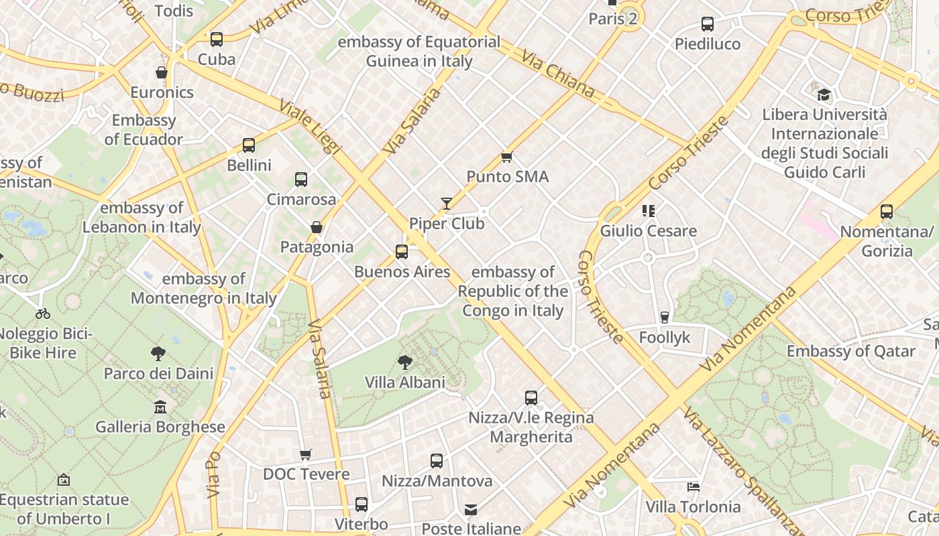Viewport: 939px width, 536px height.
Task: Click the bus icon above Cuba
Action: click(x=216, y=40)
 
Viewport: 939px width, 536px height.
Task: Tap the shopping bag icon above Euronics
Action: click(x=162, y=72)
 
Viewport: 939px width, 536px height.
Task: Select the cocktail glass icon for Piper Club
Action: click(x=447, y=204)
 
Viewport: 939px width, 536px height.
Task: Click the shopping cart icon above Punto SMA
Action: click(x=507, y=157)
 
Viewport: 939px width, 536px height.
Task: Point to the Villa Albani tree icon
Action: click(x=404, y=362)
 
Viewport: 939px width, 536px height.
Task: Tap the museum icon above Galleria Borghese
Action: click(x=160, y=407)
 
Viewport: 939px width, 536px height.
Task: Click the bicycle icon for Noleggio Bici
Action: click(x=43, y=314)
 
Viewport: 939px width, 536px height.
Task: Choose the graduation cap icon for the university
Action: click(x=824, y=94)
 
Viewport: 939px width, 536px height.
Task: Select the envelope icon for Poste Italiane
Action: click(x=471, y=510)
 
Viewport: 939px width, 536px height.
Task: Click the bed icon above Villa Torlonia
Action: click(x=694, y=486)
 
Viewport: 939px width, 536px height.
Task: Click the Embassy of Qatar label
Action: click(x=850, y=351)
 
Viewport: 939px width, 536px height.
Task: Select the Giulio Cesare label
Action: click(x=648, y=231)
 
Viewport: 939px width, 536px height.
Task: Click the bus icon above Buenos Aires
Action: click(x=402, y=252)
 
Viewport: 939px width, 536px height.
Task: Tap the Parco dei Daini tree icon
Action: click(x=158, y=353)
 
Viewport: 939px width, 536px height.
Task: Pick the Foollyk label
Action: click(x=664, y=337)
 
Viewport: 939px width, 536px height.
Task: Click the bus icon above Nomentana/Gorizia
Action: click(x=887, y=212)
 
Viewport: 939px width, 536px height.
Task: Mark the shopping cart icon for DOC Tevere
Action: click(x=306, y=455)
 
